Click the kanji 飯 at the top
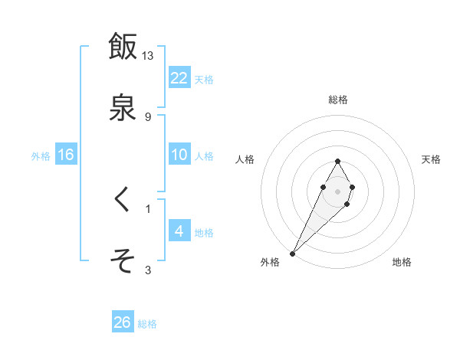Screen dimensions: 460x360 tap(123, 47)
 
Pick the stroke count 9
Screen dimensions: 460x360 tap(148, 116)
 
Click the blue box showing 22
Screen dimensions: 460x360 tap(179, 78)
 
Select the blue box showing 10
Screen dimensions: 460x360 tap(179, 155)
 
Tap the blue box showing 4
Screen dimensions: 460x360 tap(179, 231)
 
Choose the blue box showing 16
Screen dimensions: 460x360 tap(66, 155)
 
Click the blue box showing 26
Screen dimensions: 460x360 tap(123, 322)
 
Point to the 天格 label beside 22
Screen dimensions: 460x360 tap(204, 80)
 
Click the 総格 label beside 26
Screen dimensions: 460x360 tap(147, 324)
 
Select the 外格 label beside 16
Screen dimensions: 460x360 tap(41, 156)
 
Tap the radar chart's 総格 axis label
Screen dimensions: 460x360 tap(338, 100)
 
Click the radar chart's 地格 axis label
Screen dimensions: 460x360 tap(402, 263)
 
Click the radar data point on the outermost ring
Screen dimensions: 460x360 tap(293, 252)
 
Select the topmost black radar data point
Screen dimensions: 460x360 tap(338, 161)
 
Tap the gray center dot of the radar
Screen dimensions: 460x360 tap(338, 190)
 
